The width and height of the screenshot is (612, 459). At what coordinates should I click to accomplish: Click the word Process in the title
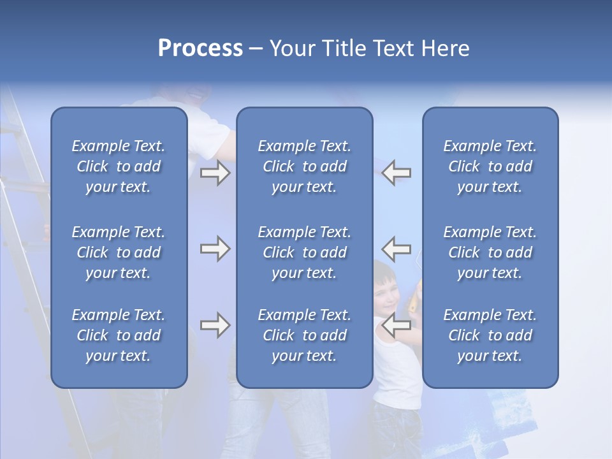point(200,48)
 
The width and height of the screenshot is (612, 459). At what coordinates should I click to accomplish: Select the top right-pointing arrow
point(215,173)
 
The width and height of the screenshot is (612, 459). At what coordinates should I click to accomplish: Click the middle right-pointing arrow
point(215,249)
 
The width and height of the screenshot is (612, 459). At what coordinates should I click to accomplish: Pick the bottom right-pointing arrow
point(215,325)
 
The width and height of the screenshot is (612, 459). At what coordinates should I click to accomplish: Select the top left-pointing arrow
point(397,173)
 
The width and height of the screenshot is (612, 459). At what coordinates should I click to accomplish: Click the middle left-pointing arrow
point(397,249)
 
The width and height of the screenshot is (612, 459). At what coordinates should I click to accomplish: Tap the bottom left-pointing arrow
point(397,325)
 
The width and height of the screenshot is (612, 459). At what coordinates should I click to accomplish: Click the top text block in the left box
point(119,166)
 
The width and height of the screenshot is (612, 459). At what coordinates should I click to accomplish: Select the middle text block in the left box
point(119,252)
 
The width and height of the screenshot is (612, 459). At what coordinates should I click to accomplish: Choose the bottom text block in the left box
point(119,335)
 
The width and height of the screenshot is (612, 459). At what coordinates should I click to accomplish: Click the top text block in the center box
point(304,166)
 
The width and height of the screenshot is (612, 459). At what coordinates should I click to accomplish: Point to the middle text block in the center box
point(304,252)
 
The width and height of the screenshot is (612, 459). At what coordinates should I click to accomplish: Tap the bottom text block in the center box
point(304,335)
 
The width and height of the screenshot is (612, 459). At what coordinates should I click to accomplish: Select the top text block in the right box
point(490,166)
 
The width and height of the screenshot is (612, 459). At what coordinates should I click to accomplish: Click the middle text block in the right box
point(490,252)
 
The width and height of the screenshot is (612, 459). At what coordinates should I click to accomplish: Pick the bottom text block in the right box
point(490,335)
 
